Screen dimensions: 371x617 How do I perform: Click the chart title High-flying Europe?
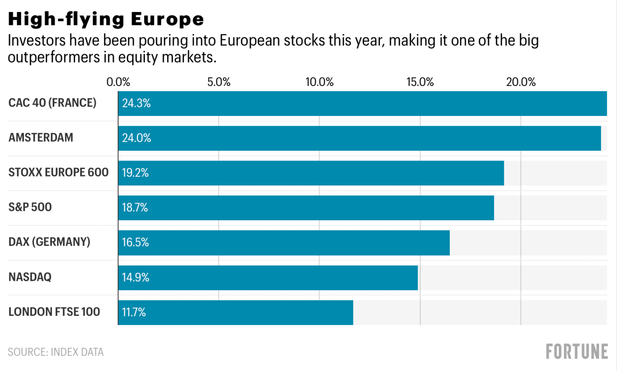pyautogui.click(x=106, y=19)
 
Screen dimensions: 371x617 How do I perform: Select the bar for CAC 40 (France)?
pyautogui.click(x=362, y=103)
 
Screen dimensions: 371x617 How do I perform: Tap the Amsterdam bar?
pyautogui.click(x=359, y=138)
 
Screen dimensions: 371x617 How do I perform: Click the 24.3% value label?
pyautogui.click(x=136, y=103)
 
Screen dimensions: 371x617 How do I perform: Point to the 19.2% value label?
pyautogui.click(x=135, y=173)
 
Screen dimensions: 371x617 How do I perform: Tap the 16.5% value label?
pyautogui.click(x=135, y=243)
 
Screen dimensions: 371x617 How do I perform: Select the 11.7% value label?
pyautogui.click(x=134, y=312)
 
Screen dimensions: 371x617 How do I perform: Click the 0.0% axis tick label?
pyautogui.click(x=118, y=82)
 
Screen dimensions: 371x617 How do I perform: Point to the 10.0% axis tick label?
pyautogui.click(x=319, y=82)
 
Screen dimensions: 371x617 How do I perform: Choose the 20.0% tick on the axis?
pyautogui.click(x=521, y=82)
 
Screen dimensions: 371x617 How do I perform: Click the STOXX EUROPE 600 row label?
pyautogui.click(x=59, y=173)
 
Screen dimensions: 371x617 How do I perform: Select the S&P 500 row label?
pyautogui.click(x=30, y=207)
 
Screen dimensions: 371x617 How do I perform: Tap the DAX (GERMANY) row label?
pyautogui.click(x=49, y=242)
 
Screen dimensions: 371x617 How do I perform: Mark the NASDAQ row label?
pyautogui.click(x=30, y=277)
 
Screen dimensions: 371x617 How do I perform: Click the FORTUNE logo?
pyautogui.click(x=577, y=352)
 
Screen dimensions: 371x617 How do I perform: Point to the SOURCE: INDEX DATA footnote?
pyautogui.click(x=56, y=352)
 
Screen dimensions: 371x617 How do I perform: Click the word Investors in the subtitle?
pyautogui.click(x=37, y=41)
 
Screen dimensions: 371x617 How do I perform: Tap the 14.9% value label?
pyautogui.click(x=135, y=277)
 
